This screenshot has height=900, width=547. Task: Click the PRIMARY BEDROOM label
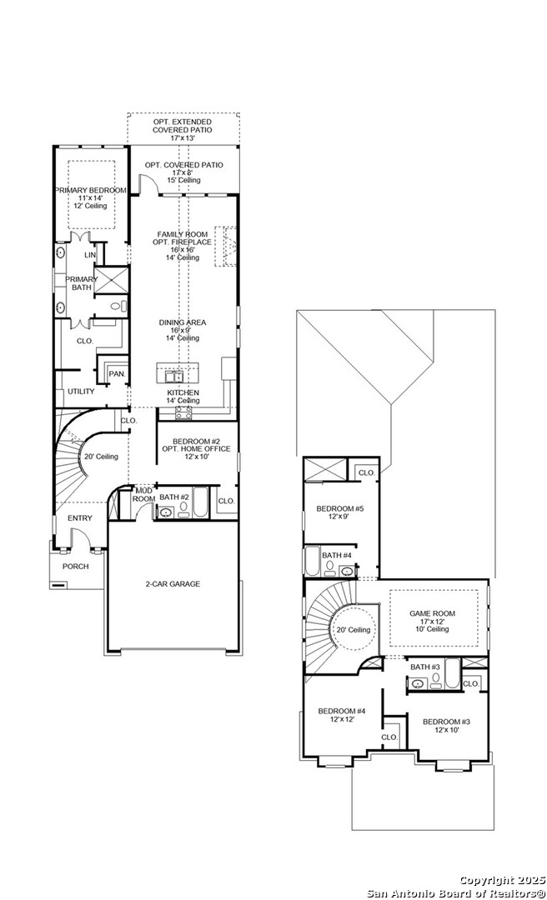click(91, 191)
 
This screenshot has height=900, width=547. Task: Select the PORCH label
click(76, 567)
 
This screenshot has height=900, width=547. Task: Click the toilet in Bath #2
click(183, 510)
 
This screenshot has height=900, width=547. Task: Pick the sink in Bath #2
click(165, 512)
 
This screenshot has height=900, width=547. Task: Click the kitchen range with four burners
click(183, 411)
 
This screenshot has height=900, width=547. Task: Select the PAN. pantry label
click(117, 374)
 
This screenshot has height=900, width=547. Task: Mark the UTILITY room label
click(81, 392)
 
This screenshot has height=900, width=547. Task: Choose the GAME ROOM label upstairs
click(432, 612)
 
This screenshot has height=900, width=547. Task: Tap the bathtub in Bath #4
click(312, 563)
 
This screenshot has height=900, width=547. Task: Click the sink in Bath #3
click(418, 683)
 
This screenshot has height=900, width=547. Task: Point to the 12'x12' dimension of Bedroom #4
click(342, 721)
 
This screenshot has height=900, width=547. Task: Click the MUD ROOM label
click(143, 493)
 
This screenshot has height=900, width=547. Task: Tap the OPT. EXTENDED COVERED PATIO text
click(183, 126)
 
